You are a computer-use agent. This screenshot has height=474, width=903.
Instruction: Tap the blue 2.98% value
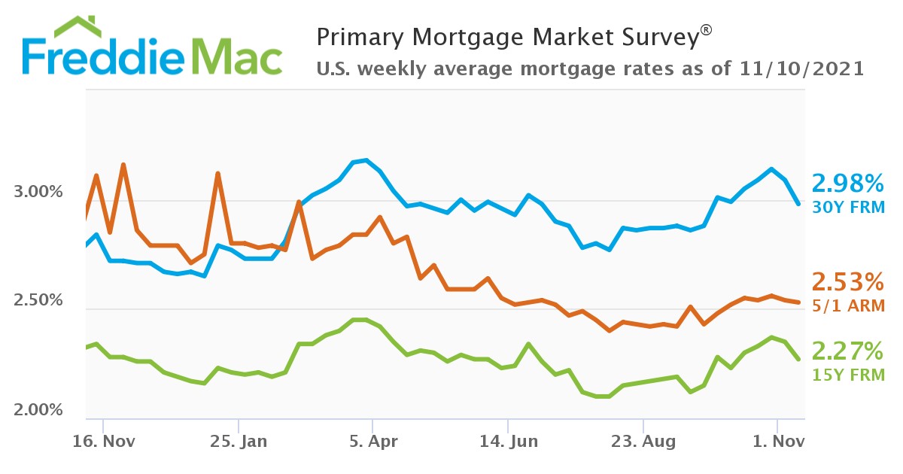(x=847, y=183)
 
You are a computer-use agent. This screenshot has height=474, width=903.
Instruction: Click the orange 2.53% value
(x=847, y=283)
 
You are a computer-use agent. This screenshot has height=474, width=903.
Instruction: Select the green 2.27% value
(x=847, y=351)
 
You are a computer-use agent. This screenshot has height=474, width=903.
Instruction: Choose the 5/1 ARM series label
(x=847, y=305)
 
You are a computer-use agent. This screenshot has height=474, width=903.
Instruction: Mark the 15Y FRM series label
(x=847, y=374)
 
